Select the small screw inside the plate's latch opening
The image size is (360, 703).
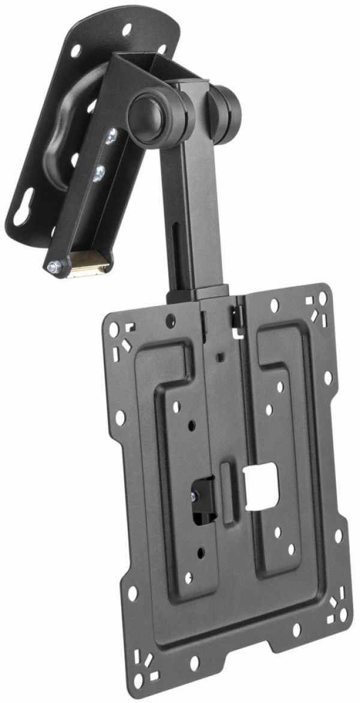(x=194, y=496)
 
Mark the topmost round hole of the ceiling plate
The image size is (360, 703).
(x=128, y=28)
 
